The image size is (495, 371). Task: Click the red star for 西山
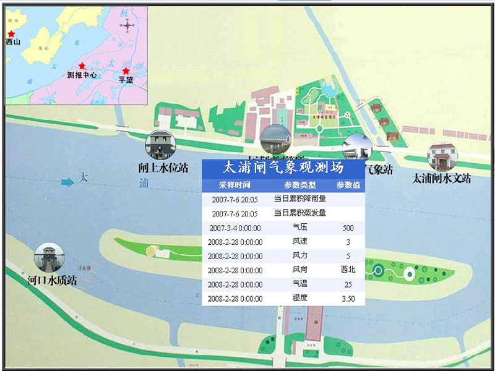coord(11,34)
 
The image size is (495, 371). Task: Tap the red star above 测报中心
coord(82,66)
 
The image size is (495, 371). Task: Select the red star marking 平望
coord(126,72)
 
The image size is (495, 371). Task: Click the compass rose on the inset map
coord(128,25)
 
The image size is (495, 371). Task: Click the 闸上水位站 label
coord(163,168)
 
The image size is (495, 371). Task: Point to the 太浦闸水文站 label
coord(442,178)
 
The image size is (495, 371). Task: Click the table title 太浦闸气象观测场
coord(283,168)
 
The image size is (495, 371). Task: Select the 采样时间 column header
coord(235,184)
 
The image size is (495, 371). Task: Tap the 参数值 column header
coord(348,184)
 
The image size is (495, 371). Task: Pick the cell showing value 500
coord(348,228)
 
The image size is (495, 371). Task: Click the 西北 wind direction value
coord(348,270)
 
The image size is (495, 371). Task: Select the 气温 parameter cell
coord(299,284)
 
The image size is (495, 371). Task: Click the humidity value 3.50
coord(348,299)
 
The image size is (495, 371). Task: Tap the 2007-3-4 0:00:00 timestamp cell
coord(235,228)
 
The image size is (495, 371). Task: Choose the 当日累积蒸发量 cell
coord(299,213)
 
